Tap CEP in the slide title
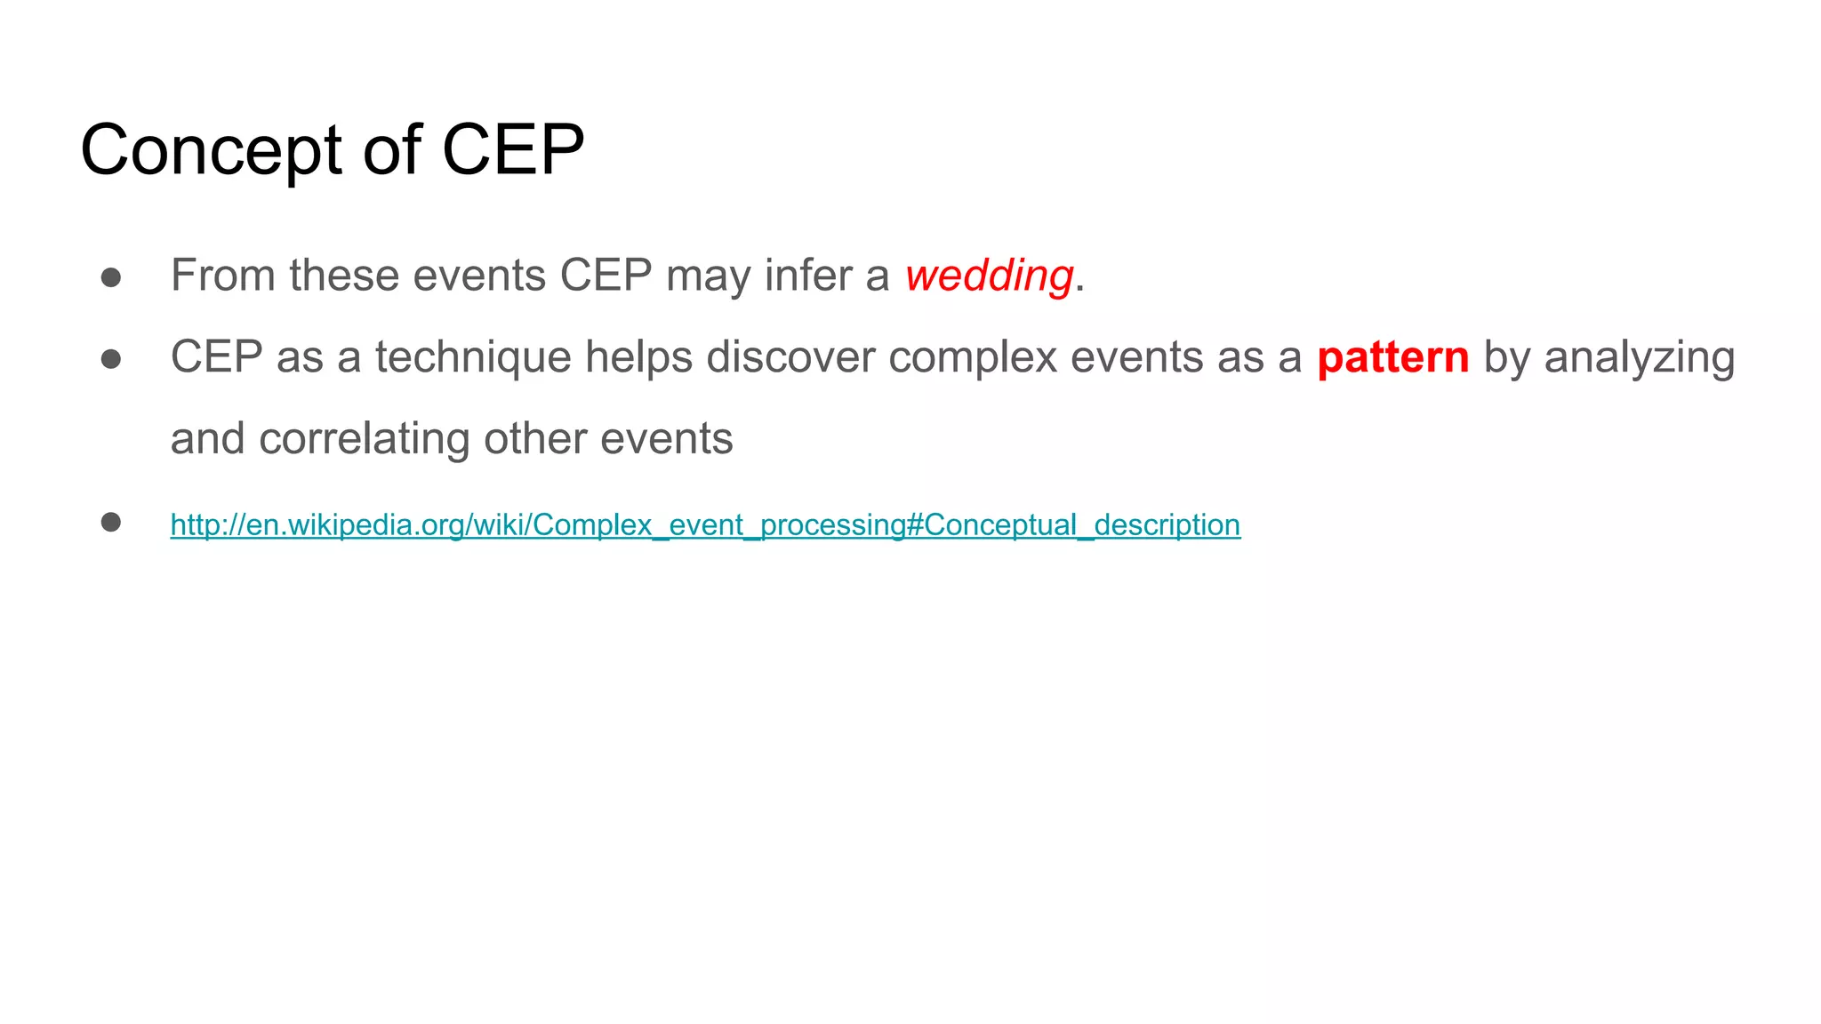tap(513, 149)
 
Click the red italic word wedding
tap(989, 276)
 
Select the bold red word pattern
tap(1392, 358)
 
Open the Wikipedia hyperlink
tap(705, 525)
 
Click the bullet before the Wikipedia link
tap(111, 522)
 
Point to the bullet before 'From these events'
tap(111, 277)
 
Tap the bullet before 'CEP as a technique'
tap(111, 359)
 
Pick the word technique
tap(472, 358)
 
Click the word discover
tap(790, 357)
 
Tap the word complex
tap(972, 358)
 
